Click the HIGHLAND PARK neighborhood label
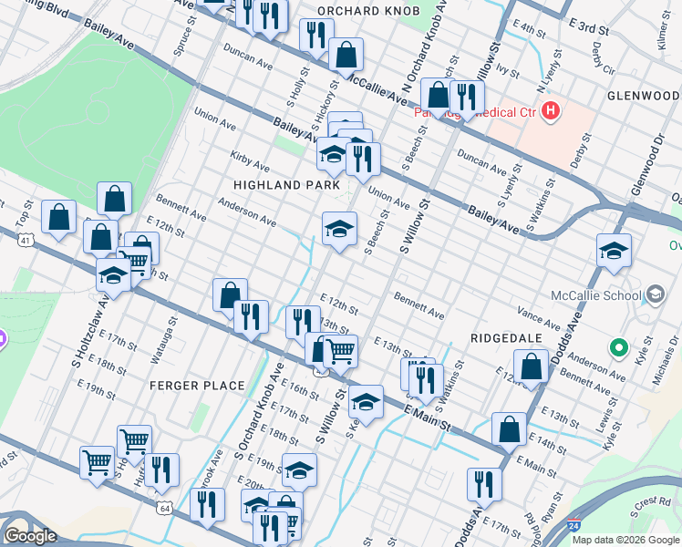(x=279, y=184)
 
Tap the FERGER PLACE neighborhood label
(x=198, y=386)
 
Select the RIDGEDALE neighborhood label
(x=506, y=337)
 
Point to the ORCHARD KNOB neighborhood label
(x=367, y=10)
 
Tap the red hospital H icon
(x=550, y=112)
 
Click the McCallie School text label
(x=596, y=294)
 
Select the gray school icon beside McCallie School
(x=655, y=294)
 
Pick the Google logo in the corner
(x=30, y=536)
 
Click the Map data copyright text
(x=625, y=540)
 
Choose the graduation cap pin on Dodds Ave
(x=614, y=251)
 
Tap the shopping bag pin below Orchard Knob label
(x=346, y=55)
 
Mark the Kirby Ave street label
(x=250, y=161)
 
